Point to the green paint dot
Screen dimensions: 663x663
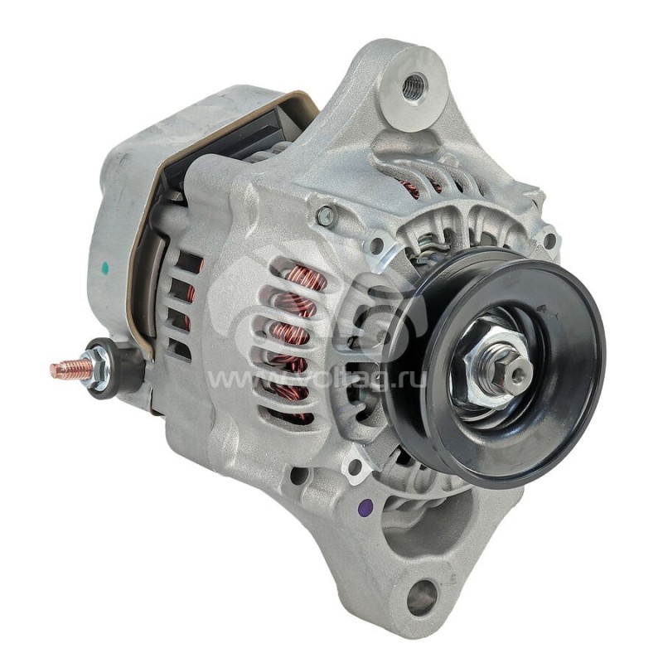coord(105,267)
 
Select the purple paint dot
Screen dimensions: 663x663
coord(365,506)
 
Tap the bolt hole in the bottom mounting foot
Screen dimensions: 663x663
coord(422,595)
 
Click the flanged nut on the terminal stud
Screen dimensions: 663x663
coord(96,369)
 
